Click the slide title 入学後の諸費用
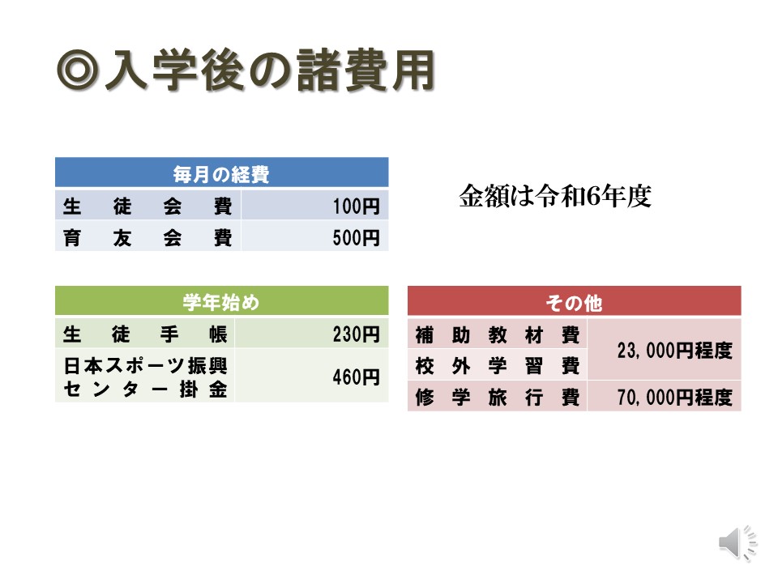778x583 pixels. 271,70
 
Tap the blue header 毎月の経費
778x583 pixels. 221,173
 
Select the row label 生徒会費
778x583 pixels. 147,206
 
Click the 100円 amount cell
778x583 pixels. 314,206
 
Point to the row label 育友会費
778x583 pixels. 147,237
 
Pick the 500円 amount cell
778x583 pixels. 314,237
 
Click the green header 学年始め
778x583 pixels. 221,301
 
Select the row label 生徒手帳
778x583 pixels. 144,334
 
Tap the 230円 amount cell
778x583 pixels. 311,334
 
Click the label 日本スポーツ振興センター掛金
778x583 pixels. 144,377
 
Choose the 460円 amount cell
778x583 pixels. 311,377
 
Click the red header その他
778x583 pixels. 574,302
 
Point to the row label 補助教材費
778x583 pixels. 497,334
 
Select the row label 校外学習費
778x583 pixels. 497,366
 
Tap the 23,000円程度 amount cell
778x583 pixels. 665,350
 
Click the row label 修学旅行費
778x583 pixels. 497,397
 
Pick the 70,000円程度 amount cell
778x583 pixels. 665,397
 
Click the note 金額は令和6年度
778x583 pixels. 555,196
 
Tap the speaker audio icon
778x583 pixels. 737,543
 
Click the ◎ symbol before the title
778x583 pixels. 78,71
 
